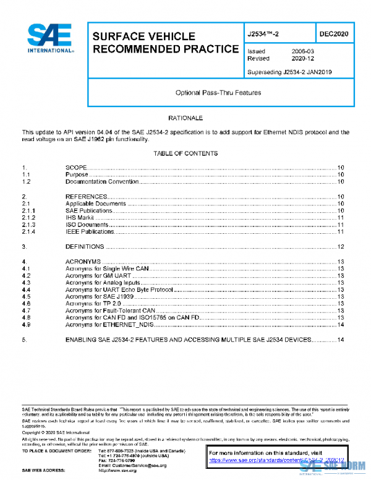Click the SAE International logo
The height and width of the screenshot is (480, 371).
[49, 39]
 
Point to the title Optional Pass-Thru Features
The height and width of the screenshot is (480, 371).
[218, 93]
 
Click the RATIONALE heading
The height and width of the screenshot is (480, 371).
[185, 118]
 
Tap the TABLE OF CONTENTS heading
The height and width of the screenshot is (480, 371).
[185, 153]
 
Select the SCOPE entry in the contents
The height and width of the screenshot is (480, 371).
[75, 168]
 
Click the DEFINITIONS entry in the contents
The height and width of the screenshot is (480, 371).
[84, 247]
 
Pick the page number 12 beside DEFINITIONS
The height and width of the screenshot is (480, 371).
[340, 247]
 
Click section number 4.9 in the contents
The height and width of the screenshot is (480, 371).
[26, 325]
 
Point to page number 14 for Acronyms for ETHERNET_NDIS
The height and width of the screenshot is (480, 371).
[340, 325]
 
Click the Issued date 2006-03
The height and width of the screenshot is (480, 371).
[302, 51]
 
